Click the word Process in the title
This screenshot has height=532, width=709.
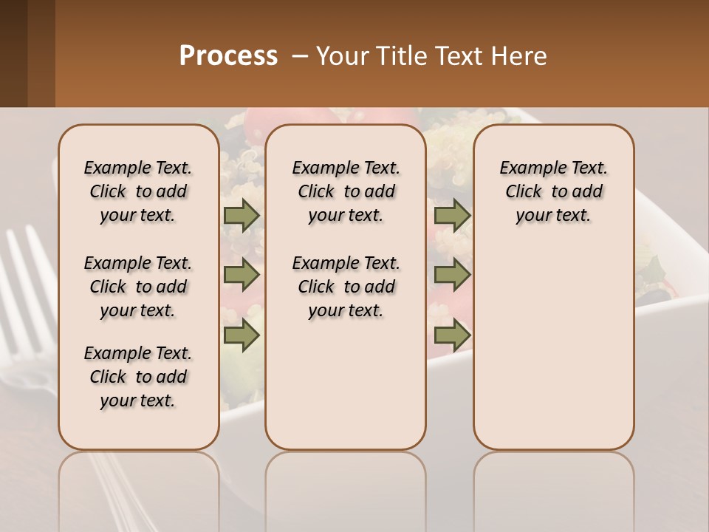click(x=228, y=56)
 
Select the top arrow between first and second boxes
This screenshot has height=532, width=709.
click(x=242, y=215)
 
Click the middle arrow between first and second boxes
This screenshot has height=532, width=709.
click(x=242, y=275)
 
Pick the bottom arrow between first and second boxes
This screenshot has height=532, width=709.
click(x=242, y=335)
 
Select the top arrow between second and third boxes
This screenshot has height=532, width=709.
click(x=452, y=215)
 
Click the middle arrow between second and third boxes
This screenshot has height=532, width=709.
click(x=452, y=275)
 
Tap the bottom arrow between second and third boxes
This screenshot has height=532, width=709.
click(x=452, y=335)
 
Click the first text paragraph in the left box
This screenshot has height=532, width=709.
click(x=138, y=191)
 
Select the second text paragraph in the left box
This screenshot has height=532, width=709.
click(x=138, y=287)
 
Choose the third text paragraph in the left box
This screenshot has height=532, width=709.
click(x=138, y=377)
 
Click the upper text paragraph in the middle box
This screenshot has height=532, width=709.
click(x=346, y=191)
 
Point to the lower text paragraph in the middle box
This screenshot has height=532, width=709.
click(x=346, y=287)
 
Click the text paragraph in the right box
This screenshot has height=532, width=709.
click(x=553, y=191)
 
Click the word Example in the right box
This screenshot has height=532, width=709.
click(x=527, y=168)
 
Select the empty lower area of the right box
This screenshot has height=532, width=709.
click(x=553, y=355)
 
